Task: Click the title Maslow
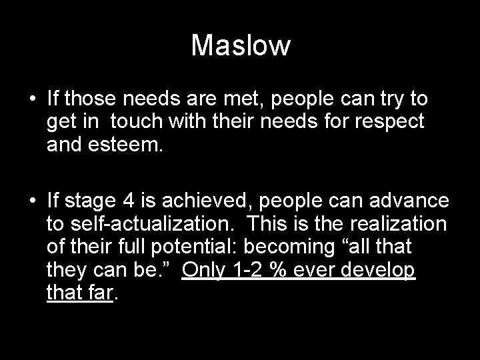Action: point(241,46)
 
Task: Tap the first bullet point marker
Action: point(33,100)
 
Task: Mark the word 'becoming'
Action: point(287,247)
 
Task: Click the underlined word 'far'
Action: point(99,292)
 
